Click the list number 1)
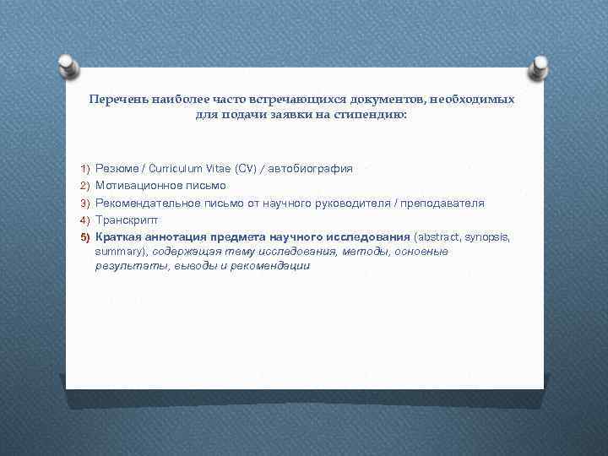[85, 169]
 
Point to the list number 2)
[85, 186]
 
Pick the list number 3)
[85, 204]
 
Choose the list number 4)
[85, 220]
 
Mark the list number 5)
[85, 236]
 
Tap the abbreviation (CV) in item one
[244, 168]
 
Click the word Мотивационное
[136, 185]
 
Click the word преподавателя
[442, 203]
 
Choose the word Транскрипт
[126, 220]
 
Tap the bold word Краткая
[117, 236]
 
